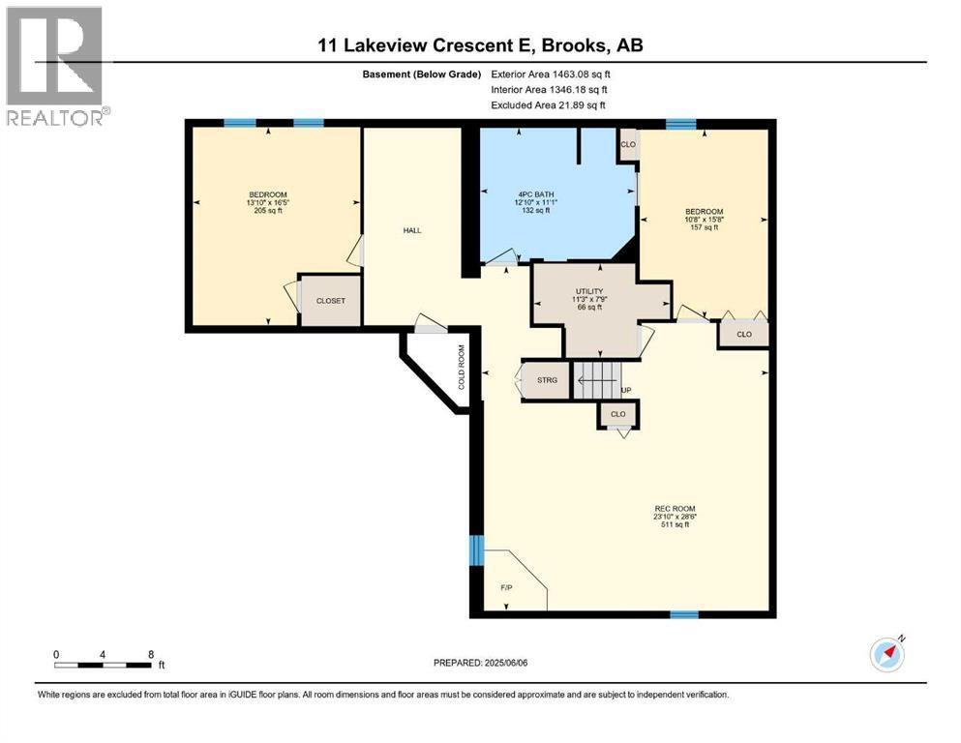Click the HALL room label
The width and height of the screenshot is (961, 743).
point(412,230)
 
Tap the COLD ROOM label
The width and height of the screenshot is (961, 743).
point(462,368)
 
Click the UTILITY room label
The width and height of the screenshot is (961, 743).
point(589,291)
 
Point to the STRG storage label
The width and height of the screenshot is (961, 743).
point(548,380)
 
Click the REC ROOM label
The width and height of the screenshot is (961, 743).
point(675,509)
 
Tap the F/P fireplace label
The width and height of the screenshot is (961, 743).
point(506,588)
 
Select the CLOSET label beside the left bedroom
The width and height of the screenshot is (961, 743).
point(330,301)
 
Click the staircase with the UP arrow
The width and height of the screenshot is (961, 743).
point(597,380)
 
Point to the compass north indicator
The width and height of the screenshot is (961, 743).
point(887,654)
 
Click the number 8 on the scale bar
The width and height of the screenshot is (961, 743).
point(151,654)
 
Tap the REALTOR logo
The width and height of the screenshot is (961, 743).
point(56,66)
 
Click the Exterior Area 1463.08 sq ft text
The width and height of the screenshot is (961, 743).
point(551,74)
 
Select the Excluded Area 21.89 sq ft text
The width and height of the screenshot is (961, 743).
point(548,105)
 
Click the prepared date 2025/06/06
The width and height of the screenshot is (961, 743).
point(505,663)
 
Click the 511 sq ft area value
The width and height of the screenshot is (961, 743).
point(675,524)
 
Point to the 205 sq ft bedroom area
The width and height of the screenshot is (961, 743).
point(268,210)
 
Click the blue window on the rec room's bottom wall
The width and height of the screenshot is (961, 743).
point(684,614)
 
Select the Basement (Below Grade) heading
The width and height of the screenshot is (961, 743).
point(422,74)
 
